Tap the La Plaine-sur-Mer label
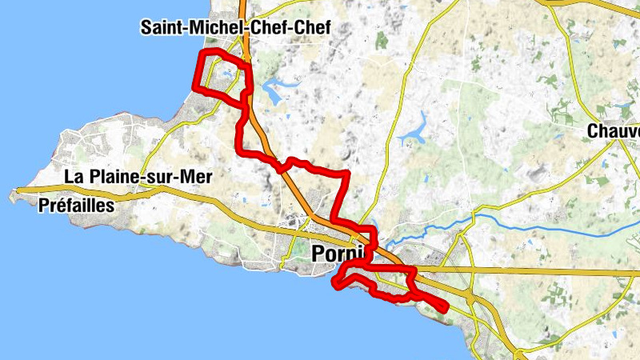pyautogui.click(x=138, y=178)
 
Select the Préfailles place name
pyautogui.click(x=77, y=206)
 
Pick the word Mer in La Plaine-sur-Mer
pyautogui.click(x=196, y=178)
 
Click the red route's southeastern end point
pyautogui.click(x=445, y=307)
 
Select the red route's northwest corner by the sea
pyautogui.click(x=201, y=53)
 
